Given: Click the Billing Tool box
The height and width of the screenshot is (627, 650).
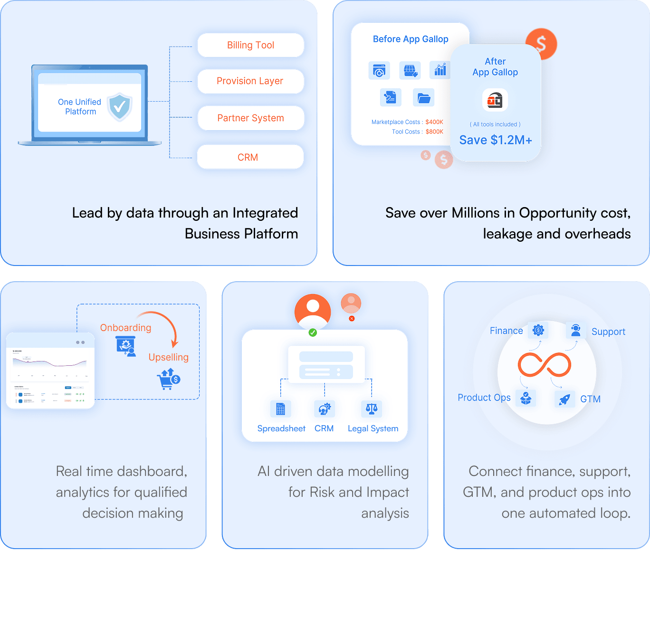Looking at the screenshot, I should coord(250,45).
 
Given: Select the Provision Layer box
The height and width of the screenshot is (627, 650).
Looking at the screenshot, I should coord(250,81).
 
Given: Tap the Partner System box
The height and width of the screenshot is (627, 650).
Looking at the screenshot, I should coord(250,118).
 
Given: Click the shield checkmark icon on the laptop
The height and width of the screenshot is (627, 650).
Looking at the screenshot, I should coord(119,106).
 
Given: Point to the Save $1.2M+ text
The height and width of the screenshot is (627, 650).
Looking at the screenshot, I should coord(495,140).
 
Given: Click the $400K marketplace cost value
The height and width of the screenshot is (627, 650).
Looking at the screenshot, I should coord(434,122).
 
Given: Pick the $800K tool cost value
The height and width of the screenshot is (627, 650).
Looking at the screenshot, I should coord(434,132).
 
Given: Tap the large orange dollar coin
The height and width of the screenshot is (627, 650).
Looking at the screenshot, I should coord(541,44).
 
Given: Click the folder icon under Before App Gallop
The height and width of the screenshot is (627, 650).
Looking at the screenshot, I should coord(424,98).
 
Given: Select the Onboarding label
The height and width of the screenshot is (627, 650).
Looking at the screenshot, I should coord(125,328).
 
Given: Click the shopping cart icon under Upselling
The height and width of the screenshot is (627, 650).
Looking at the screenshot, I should coord(168,379).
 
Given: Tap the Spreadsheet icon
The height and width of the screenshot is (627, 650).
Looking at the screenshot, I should coord(281,408).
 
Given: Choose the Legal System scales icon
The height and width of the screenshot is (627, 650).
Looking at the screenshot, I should coord(372,408).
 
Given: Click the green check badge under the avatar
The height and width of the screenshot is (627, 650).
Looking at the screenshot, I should coord(313,332).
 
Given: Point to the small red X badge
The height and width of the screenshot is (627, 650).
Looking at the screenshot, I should coord(352,318).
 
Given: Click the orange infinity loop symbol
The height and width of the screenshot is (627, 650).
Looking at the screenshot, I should coord(544,365).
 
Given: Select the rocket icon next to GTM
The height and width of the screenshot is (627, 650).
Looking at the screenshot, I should coord(564,399).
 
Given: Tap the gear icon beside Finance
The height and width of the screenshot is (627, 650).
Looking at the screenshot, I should coord(538,330).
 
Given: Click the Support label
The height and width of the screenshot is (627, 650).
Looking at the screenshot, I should coord(608,332).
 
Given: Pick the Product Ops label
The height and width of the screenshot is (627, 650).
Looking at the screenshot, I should coord(484,398).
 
